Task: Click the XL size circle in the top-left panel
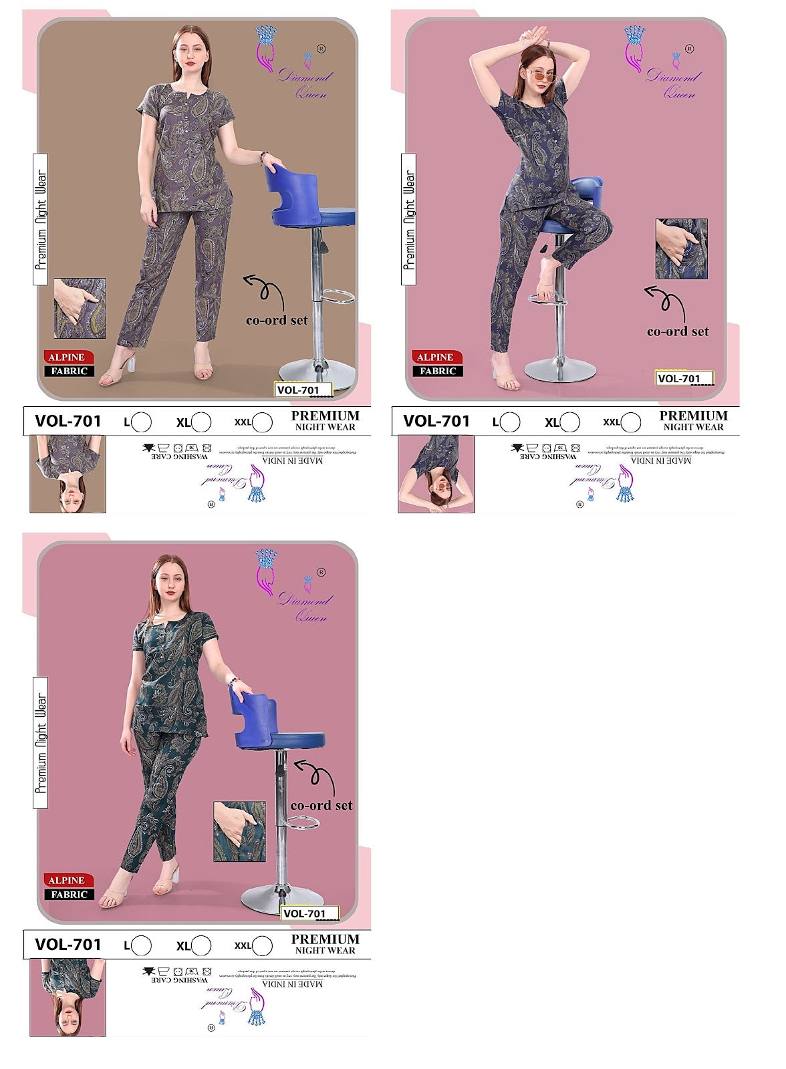pyautogui.click(x=201, y=422)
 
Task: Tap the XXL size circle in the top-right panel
pyautogui.click(x=631, y=422)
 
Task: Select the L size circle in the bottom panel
pyautogui.click(x=141, y=945)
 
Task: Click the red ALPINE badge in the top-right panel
pyautogui.click(x=434, y=357)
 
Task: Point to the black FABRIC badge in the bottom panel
pyautogui.click(x=69, y=895)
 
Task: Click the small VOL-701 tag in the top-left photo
pyautogui.click(x=303, y=390)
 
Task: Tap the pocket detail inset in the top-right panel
pyautogui.click(x=681, y=249)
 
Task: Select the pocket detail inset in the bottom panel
pyautogui.click(x=239, y=832)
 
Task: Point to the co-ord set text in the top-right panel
pyautogui.click(x=678, y=331)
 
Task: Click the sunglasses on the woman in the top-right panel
pyautogui.click(x=542, y=75)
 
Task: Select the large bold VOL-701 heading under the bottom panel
pyautogui.click(x=68, y=945)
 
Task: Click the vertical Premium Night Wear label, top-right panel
pyautogui.click(x=408, y=219)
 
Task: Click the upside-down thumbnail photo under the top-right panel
pyautogui.click(x=436, y=474)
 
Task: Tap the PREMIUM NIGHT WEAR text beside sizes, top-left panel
pyautogui.click(x=325, y=420)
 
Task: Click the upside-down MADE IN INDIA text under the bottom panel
pyautogui.click(x=292, y=984)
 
